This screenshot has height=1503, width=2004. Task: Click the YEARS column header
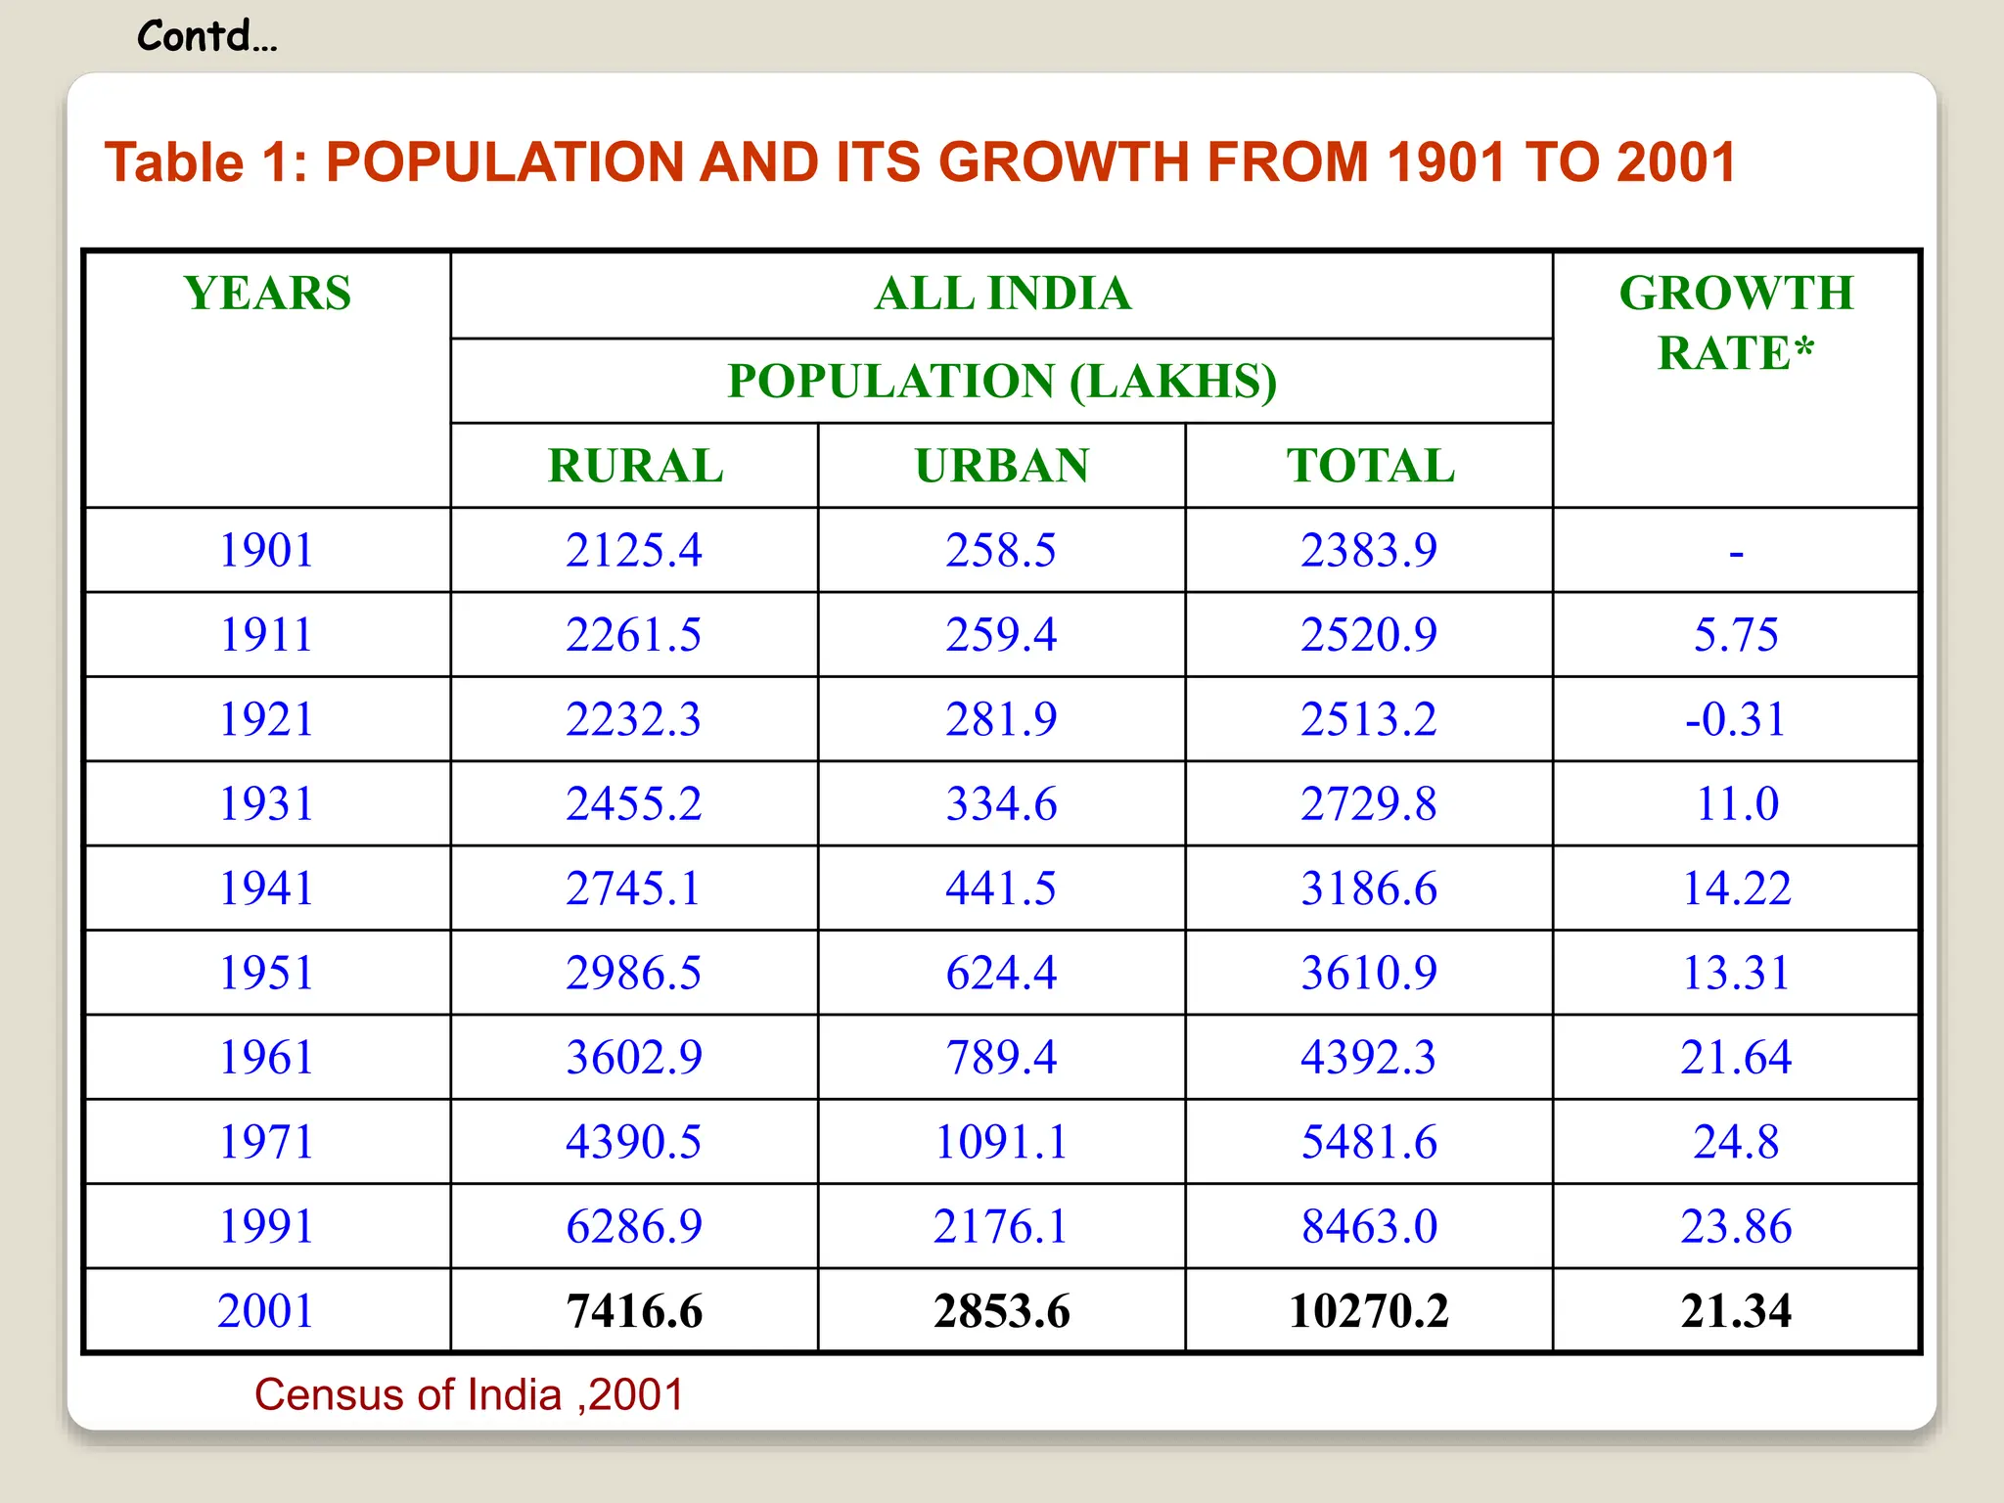coord(267,294)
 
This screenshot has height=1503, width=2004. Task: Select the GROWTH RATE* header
coord(1736,323)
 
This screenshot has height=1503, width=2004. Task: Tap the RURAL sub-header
coord(635,466)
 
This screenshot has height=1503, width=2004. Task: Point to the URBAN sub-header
coord(1002,466)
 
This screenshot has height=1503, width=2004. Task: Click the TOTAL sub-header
coord(1370,466)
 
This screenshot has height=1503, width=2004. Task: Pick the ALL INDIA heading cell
coord(1002,294)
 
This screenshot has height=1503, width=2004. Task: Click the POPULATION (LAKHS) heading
coord(1002,382)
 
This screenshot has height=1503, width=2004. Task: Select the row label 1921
coord(266,719)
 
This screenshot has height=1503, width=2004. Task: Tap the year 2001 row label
coord(266,1311)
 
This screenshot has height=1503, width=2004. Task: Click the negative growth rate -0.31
coord(1736,719)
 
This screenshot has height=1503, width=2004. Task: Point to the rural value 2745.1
coord(634,888)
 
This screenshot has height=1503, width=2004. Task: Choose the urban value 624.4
coord(1002,973)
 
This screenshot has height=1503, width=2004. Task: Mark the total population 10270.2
coord(1369,1311)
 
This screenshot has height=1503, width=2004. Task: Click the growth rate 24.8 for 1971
coord(1736,1142)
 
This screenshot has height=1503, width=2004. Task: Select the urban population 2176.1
coord(1000,1227)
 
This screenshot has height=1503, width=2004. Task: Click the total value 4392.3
coord(1369,1058)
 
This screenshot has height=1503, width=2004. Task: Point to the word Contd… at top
coord(207,37)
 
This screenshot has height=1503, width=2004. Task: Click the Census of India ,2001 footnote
coord(469,1394)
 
